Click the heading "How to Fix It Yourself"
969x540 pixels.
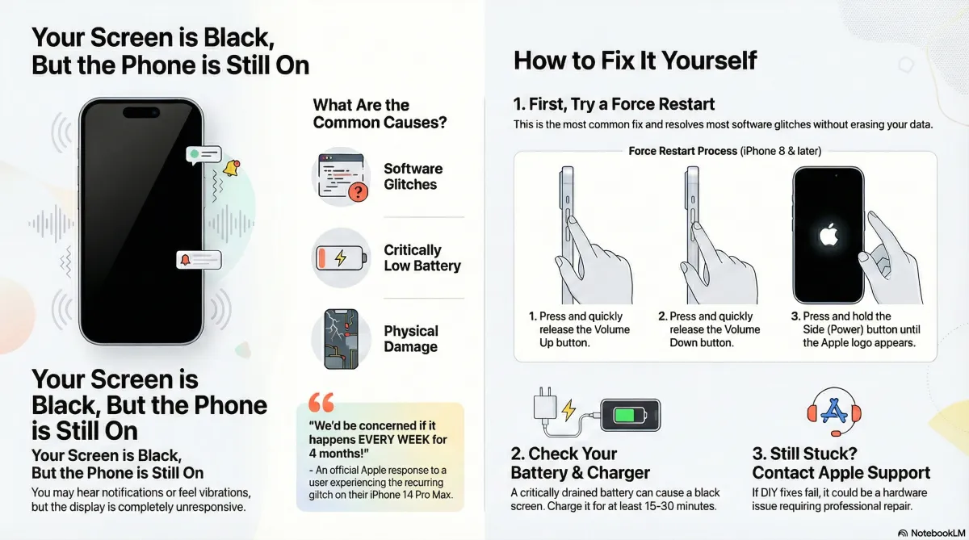636,61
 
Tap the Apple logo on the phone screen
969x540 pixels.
828,236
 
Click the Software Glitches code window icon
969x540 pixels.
341,177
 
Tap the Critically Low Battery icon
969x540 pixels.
341,258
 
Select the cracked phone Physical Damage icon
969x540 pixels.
341,339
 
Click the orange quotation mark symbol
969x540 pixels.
321,402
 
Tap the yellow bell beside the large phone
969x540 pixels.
232,168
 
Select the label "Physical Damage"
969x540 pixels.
411,339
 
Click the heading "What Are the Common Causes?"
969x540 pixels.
380,114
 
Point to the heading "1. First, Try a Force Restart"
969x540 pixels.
614,104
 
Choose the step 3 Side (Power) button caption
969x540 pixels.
860,329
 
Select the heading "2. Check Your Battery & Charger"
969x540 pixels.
580,463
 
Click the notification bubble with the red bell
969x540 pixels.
198,260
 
